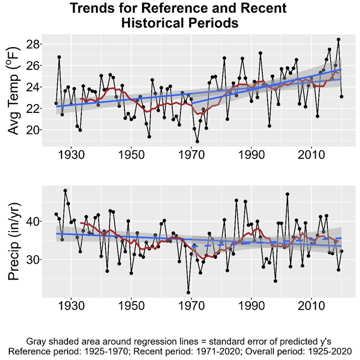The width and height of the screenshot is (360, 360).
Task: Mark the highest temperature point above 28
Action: point(338,40)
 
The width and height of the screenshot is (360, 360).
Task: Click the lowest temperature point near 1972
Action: point(197,141)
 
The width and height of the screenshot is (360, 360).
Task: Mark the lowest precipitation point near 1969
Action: point(188,292)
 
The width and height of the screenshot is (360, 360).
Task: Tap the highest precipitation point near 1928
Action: point(65,191)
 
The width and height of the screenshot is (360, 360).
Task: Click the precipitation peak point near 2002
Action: point(287,194)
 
